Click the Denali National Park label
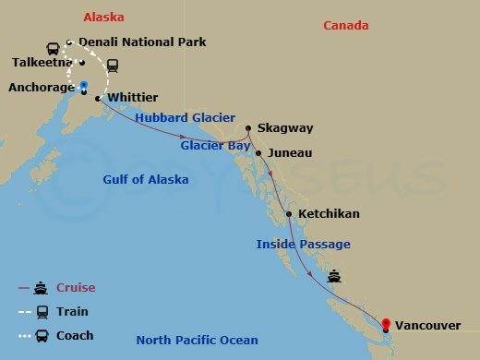tap(142, 42)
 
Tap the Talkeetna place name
tap(42, 63)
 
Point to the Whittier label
tap(133, 97)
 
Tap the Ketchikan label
tap(329, 214)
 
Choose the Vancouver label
tap(429, 325)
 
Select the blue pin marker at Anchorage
tap(84, 87)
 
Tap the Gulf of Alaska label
tap(146, 180)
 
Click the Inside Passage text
tap(304, 245)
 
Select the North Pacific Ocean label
tap(198, 341)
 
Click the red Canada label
tap(346, 26)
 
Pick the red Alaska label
tap(103, 18)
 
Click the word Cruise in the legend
tap(76, 288)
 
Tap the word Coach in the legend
tap(76, 336)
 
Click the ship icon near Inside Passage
tap(334, 275)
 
